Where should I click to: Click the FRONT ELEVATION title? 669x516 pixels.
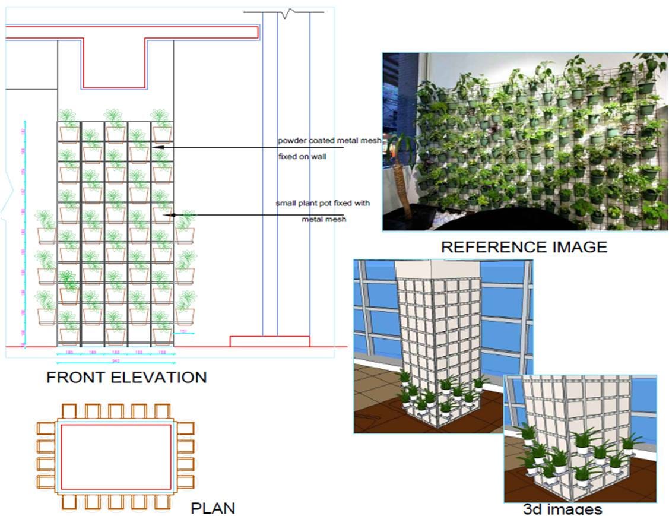click(126, 377)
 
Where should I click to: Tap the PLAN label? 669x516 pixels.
click(213, 508)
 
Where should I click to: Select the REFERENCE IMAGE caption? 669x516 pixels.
click(524, 246)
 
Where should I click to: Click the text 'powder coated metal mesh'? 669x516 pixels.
click(329, 141)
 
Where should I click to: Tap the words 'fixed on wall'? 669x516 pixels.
click(302, 157)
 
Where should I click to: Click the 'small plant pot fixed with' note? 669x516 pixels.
click(322, 204)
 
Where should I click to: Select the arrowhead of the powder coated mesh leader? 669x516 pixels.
click(156, 147)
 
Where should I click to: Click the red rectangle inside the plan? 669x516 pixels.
click(116, 424)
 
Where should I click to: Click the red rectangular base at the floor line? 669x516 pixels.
click(270, 341)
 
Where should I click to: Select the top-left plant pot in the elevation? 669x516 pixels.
click(68, 134)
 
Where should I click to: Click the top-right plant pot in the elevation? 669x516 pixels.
click(162, 134)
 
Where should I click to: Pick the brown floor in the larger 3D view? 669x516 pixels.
click(374, 410)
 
